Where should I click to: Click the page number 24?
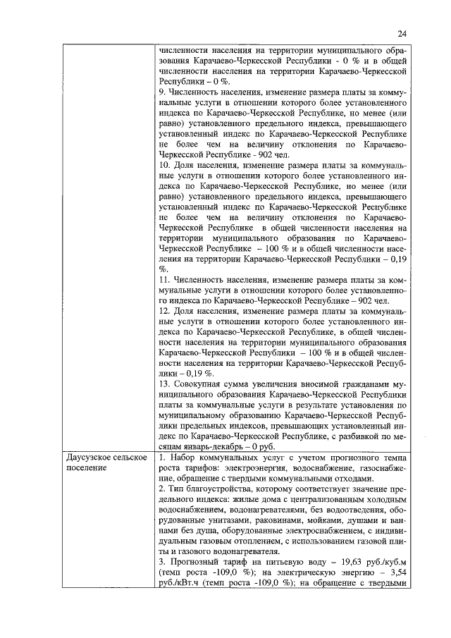click(402, 32)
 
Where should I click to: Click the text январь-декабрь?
click(219, 447)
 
